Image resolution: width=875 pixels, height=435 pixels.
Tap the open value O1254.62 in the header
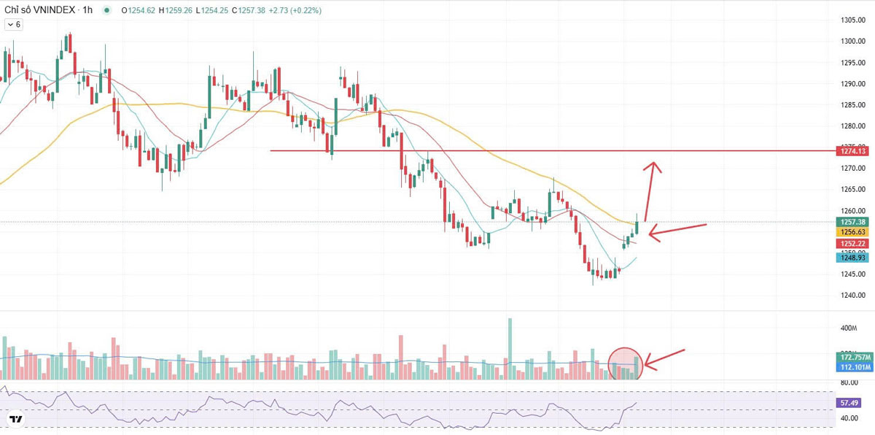[139, 11]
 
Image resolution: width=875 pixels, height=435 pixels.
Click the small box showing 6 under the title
[14, 25]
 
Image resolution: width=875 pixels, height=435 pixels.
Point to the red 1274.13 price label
[852, 150]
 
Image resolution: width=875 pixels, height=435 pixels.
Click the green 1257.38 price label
[852, 222]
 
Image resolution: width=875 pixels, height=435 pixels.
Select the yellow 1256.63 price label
[852, 231]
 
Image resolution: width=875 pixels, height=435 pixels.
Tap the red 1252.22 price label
[852, 243]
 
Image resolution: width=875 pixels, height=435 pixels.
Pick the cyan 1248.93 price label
[852, 258]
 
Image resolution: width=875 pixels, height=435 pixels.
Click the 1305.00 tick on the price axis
[852, 20]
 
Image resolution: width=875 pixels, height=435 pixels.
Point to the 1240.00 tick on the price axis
[852, 296]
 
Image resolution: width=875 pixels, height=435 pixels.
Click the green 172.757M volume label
[852, 358]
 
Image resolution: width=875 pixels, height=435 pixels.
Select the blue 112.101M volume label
[852, 367]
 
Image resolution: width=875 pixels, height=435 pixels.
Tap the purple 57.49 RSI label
[849, 402]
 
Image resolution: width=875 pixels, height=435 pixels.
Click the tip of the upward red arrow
[654, 162]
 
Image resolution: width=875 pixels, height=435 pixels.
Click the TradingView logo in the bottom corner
[15, 419]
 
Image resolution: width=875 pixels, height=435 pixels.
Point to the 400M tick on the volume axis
[849, 328]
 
